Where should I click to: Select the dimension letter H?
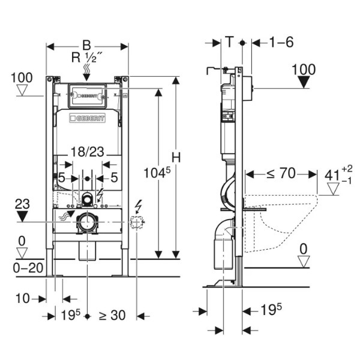point(176,157)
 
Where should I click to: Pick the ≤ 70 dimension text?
point(281,174)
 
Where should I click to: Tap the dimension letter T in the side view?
point(229,42)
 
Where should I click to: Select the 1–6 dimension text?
point(281,42)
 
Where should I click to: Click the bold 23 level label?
point(23,203)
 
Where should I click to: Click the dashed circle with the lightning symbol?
point(137,223)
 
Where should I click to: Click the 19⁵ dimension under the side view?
point(271,310)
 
